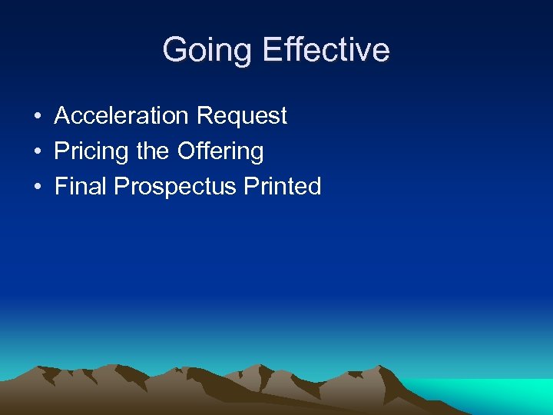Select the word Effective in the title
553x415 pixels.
(x=326, y=51)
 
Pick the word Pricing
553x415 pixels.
(x=91, y=151)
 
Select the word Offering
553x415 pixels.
(x=220, y=151)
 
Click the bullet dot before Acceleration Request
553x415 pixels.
(x=37, y=117)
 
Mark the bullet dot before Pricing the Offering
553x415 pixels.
(x=37, y=152)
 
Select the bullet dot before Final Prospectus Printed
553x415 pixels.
(x=37, y=188)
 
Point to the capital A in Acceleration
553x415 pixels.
(x=61, y=116)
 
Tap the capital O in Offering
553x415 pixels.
(x=186, y=151)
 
